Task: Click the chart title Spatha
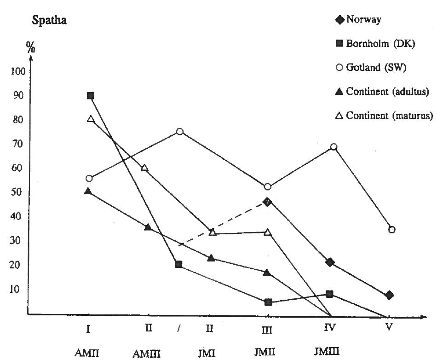tap(49, 22)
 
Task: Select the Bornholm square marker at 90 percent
tap(91, 96)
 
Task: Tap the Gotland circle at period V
tap(392, 230)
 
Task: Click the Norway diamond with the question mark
tap(268, 202)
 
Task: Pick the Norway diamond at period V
tap(389, 295)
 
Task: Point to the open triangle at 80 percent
tap(91, 119)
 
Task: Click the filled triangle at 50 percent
tap(88, 191)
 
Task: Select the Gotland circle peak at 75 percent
tap(180, 132)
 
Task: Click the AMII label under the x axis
tap(86, 353)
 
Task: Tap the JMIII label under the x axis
tap(328, 352)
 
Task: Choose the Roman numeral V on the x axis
tap(389, 328)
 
